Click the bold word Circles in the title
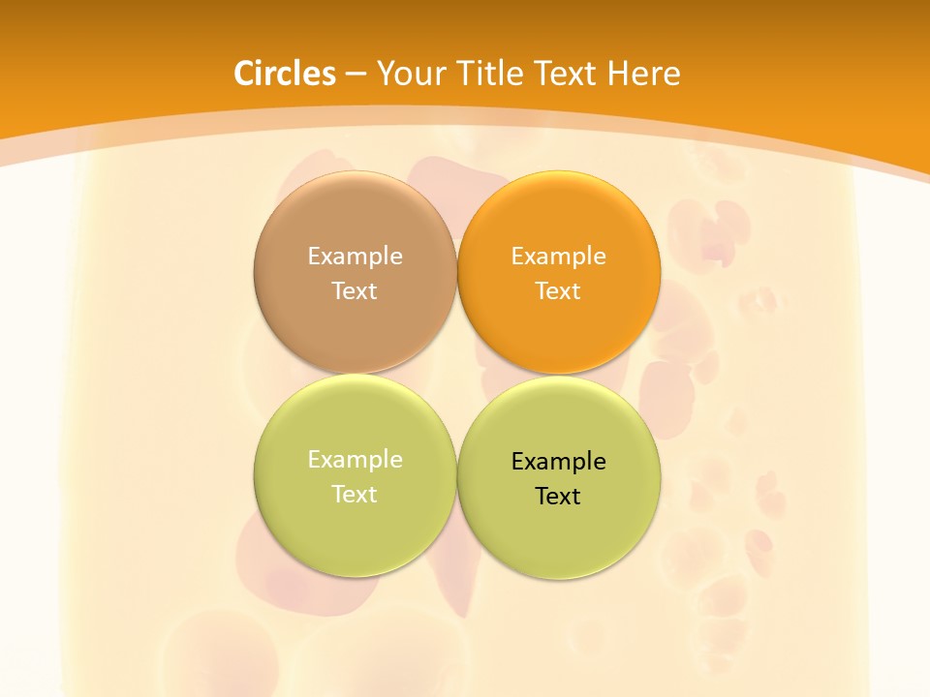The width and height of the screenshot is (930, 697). pyautogui.click(x=285, y=74)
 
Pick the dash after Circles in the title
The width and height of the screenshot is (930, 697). pyautogui.click(x=356, y=75)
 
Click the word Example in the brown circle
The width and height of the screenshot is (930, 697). pyautogui.click(x=355, y=256)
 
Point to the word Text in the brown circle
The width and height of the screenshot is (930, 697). pyautogui.click(x=355, y=290)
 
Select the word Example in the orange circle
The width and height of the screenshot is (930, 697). pyautogui.click(x=559, y=256)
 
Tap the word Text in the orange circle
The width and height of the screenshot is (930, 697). pyautogui.click(x=558, y=290)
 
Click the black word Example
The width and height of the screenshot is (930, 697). pyautogui.click(x=559, y=461)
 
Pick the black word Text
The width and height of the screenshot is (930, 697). pyautogui.click(x=558, y=496)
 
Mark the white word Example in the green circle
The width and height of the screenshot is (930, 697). pyautogui.click(x=355, y=459)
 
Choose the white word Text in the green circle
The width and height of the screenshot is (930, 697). pyautogui.click(x=355, y=494)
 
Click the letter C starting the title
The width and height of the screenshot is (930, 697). pyautogui.click(x=244, y=74)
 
